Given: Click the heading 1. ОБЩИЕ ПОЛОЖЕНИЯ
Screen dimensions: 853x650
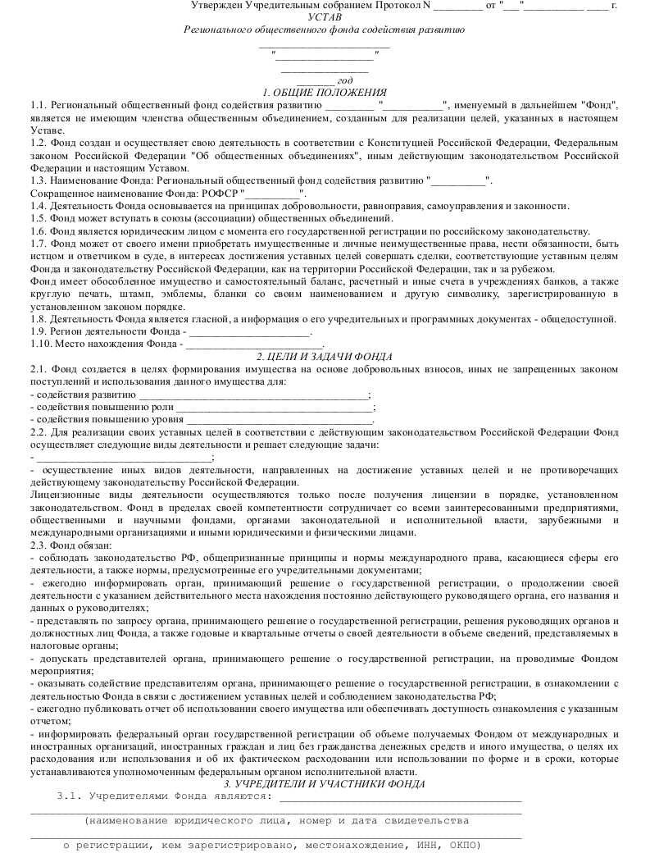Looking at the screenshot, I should pos(325,93).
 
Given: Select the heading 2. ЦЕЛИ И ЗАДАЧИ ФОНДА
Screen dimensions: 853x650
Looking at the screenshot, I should pos(325,356).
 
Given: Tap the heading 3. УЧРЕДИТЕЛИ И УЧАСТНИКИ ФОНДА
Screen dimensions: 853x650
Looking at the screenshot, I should pos(325,784).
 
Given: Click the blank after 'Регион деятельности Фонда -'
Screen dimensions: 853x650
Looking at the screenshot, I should pos(250,331).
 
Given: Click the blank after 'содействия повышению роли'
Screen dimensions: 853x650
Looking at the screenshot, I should pos(274,407).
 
